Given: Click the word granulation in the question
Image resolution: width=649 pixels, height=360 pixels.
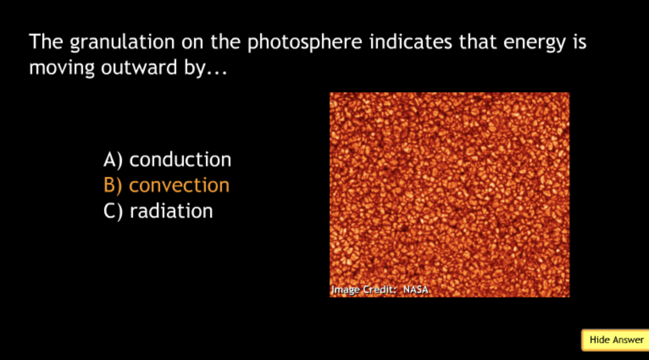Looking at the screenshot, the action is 122,43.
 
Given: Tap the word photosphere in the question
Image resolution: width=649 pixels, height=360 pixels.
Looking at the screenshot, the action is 305,43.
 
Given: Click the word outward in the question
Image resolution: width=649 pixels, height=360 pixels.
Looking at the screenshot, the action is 139,67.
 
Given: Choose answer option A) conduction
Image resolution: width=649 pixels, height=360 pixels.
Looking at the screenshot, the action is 167,159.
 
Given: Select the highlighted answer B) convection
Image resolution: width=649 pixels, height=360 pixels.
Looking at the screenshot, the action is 166,185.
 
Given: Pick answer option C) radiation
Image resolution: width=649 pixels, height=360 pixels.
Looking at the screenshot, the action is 158,210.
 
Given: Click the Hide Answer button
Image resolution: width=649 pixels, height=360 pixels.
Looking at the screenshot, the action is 615,340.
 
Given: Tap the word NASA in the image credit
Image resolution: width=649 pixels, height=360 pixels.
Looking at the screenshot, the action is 416,290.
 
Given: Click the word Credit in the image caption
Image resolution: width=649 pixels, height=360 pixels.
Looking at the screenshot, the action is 380,290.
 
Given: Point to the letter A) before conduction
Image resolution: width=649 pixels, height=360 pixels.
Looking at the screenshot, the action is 113,160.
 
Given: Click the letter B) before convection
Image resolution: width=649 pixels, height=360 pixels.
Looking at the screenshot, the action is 113,185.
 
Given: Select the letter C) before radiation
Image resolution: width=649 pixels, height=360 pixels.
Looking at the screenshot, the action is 113,211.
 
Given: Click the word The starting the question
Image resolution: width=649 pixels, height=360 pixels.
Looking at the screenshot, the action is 46,42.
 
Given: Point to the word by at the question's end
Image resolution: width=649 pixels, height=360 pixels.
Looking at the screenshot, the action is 195,68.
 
